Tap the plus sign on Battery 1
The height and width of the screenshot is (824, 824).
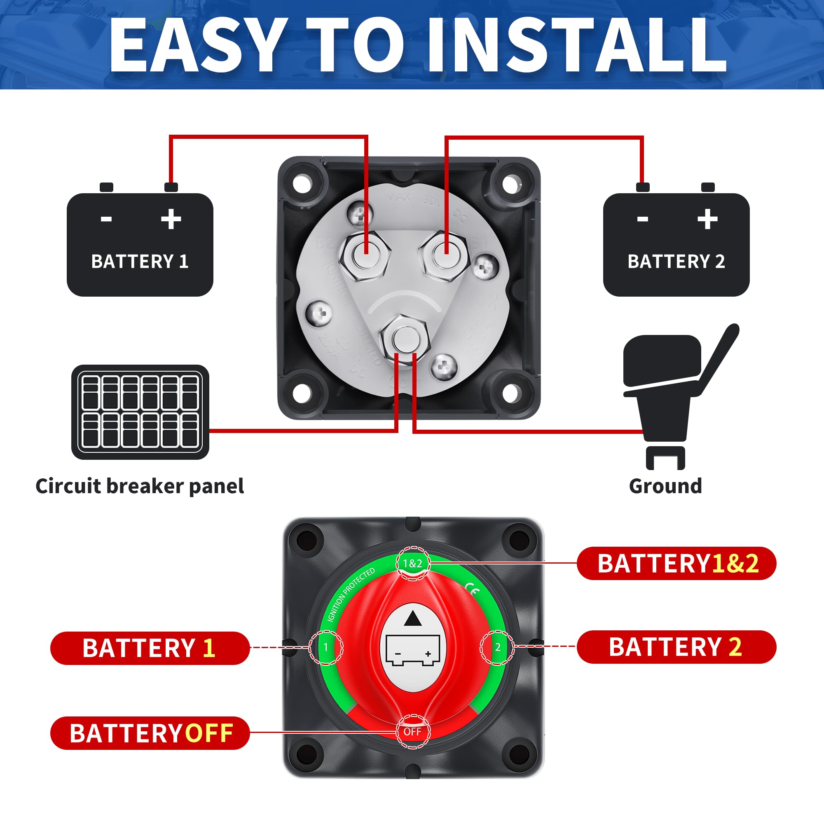(171, 219)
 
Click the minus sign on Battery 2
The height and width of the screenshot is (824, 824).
(642, 219)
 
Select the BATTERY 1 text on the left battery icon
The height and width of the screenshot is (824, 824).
(140, 262)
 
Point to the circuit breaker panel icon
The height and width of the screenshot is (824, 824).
(140, 412)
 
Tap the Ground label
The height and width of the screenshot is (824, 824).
(665, 486)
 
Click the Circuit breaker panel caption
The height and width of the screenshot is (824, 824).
(140, 486)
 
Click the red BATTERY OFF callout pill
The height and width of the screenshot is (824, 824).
(150, 733)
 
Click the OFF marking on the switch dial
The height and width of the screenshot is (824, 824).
(412, 732)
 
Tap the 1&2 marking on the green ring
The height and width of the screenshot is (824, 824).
(412, 563)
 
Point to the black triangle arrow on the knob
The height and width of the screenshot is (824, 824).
(412, 618)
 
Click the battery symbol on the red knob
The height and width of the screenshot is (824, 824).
(412, 651)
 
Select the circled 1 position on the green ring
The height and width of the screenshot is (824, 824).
(326, 647)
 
